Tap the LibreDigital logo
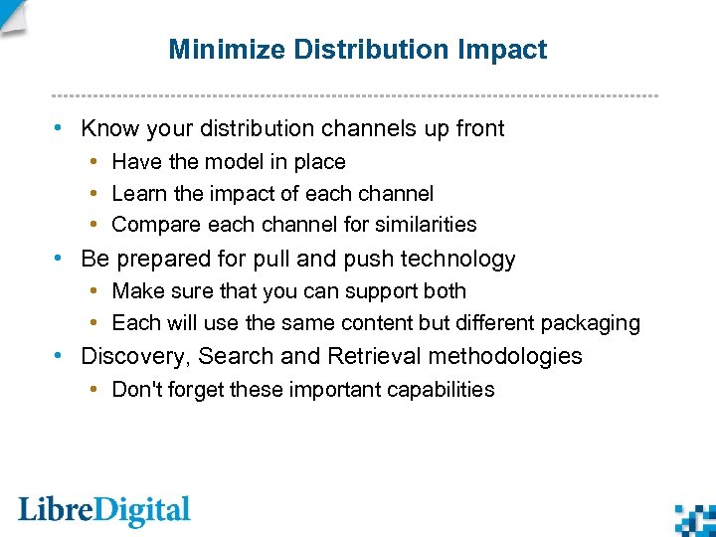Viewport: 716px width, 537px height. (104, 511)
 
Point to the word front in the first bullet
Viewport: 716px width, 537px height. (478, 128)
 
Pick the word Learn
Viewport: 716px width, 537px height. (138, 194)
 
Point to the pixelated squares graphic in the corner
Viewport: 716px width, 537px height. (695, 519)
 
